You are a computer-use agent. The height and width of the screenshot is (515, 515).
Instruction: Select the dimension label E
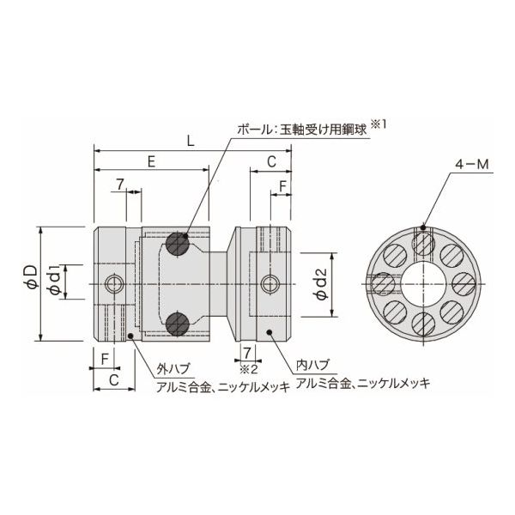[152, 161]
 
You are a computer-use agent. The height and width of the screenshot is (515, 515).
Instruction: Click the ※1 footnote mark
[380, 124]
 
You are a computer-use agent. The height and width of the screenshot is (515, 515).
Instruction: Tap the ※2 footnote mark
[247, 370]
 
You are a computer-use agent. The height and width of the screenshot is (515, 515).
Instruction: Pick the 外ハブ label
[168, 370]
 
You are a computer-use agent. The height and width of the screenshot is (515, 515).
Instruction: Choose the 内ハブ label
[311, 364]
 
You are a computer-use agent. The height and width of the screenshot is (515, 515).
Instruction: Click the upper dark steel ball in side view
[179, 243]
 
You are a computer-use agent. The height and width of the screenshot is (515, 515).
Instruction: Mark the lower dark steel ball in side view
[179, 323]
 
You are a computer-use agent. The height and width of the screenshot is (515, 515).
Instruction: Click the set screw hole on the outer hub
[113, 283]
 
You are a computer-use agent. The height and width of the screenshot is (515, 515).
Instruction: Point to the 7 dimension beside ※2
[246, 354]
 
